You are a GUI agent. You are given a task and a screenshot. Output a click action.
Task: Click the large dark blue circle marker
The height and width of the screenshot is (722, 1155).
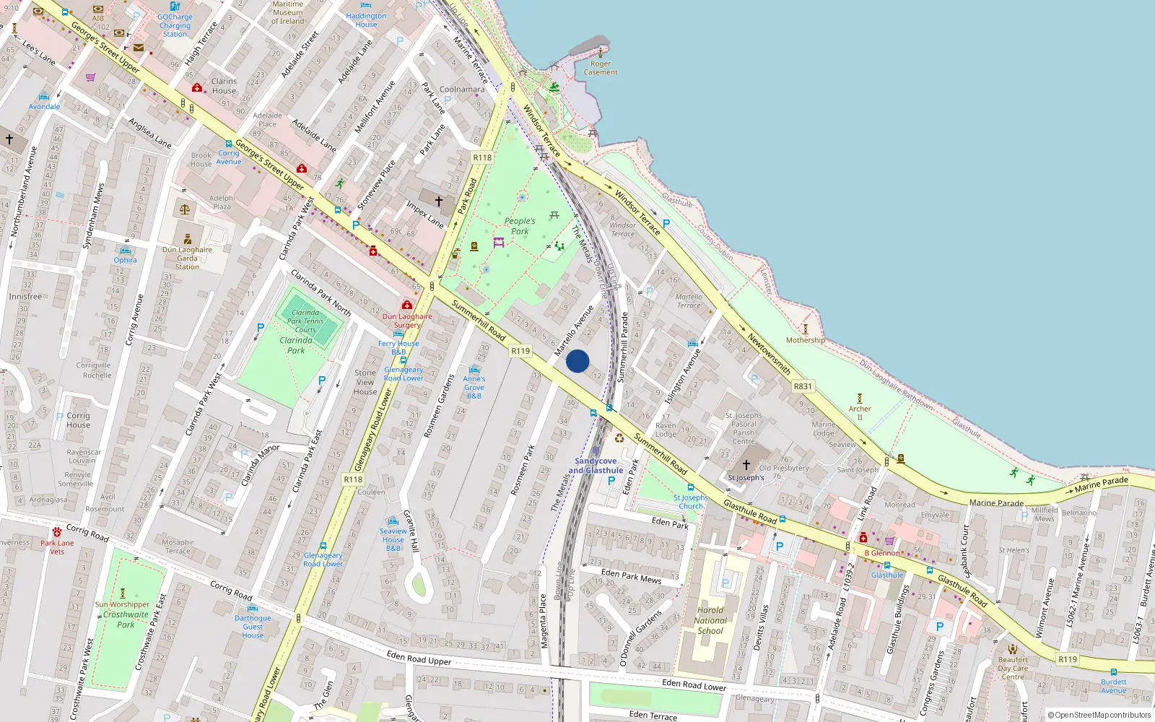(577, 361)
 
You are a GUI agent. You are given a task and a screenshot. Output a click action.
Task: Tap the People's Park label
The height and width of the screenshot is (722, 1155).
(520, 226)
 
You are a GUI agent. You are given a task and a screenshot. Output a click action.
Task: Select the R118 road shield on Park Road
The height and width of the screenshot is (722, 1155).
(482, 157)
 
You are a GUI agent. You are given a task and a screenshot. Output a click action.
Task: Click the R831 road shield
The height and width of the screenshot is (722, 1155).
(803, 386)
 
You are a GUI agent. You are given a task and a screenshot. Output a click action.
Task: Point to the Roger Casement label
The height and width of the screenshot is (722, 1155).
(601, 68)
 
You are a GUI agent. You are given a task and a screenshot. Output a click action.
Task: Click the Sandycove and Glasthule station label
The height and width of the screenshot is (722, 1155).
(596, 466)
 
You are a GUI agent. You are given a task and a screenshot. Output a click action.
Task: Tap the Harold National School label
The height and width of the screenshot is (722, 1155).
(710, 620)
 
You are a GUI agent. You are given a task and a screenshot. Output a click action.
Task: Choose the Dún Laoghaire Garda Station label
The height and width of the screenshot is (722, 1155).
(187, 258)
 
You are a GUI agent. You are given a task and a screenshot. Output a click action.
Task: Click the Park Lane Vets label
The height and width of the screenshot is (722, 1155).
(57, 547)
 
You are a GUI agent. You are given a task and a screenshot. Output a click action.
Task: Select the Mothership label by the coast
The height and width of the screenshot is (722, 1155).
(806, 340)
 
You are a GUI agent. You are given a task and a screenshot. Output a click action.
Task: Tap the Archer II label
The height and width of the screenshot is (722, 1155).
(860, 413)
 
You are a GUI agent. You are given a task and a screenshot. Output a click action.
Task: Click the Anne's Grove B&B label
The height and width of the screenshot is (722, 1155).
(474, 387)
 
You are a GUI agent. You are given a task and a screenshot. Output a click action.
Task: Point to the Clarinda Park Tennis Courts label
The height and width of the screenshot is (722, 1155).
(305, 321)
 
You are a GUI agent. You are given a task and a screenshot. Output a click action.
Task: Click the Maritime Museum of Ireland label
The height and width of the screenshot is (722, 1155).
(288, 12)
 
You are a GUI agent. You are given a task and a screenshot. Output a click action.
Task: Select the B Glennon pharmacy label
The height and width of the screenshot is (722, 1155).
(882, 553)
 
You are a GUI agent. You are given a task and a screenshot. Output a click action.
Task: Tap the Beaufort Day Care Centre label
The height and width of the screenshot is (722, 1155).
(1013, 668)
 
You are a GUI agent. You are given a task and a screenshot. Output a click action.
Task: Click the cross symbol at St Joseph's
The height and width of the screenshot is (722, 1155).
(746, 464)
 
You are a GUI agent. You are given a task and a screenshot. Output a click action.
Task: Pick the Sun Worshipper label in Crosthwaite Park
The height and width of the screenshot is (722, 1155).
(123, 604)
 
